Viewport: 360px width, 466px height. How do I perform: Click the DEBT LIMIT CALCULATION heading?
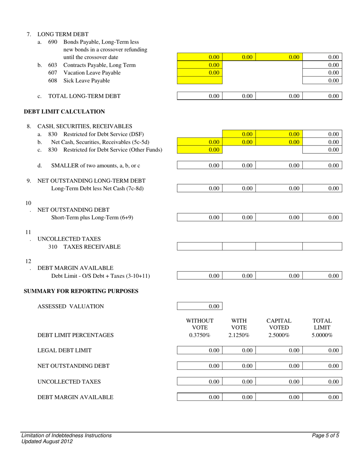pyautogui.click(x=64, y=112)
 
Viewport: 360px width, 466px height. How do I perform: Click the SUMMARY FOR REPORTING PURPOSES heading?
pyautogui.click(x=81, y=291)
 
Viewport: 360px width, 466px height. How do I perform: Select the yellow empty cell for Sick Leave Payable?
pyautogui.click(x=200, y=80)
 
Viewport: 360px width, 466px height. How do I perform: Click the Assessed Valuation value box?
pyautogui.click(x=200, y=306)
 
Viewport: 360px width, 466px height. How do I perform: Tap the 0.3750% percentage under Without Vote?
pyautogui.click(x=200, y=335)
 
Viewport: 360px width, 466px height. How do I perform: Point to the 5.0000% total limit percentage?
pyautogui.click(x=322, y=335)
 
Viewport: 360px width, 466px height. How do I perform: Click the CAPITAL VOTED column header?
pyautogui.click(x=279, y=324)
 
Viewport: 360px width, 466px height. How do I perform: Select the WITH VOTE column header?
pyautogui.click(x=239, y=324)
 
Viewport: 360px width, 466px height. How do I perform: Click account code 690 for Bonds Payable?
pyautogui.click(x=53, y=42)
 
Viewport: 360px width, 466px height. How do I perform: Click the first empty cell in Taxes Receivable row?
pyautogui.click(x=200, y=247)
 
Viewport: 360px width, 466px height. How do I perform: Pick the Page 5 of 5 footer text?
pyautogui.click(x=326, y=436)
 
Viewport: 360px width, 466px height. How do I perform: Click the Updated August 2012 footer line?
pyautogui.click(x=47, y=441)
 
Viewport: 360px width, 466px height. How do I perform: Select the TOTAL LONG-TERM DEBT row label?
pyautogui.click(x=85, y=96)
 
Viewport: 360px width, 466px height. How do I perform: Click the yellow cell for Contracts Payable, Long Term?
pyautogui.click(x=200, y=65)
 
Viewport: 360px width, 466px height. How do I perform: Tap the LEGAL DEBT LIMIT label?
pyautogui.click(x=64, y=350)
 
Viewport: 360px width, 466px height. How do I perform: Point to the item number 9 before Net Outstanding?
pyautogui.click(x=29, y=181)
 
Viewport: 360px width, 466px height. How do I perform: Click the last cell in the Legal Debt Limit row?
pyautogui.click(x=322, y=350)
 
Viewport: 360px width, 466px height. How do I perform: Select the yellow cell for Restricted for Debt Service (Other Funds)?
pyautogui.click(x=200, y=150)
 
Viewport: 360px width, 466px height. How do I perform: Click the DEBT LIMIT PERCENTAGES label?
pyautogui.click(x=75, y=335)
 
